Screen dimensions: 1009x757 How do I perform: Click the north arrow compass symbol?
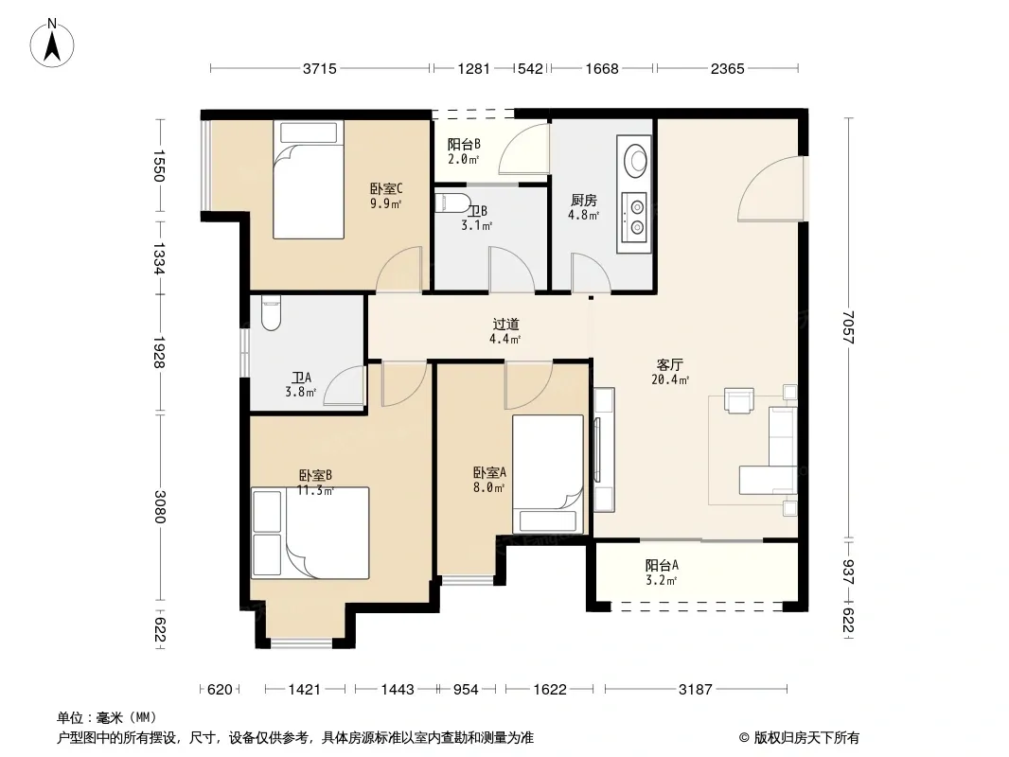pos(52,44)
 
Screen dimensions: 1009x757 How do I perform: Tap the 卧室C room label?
pos(386,189)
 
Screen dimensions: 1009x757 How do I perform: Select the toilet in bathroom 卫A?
pos(271,312)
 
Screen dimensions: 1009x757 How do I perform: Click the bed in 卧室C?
pos(309,180)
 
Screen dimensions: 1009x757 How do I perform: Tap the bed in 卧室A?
pos(548,474)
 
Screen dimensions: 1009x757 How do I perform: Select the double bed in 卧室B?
pos(310,533)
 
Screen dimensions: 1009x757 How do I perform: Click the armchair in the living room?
pos(738,399)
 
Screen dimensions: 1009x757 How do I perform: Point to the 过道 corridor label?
pos(505,325)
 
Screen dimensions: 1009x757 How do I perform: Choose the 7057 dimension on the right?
pos(849,327)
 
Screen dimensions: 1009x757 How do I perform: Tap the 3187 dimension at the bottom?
pos(696,690)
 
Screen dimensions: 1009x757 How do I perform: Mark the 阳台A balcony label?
pos(663,565)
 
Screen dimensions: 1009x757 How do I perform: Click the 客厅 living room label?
pos(670,364)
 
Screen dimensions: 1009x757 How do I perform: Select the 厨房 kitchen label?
pos(584,200)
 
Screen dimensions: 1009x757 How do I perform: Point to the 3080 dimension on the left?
pos(160,507)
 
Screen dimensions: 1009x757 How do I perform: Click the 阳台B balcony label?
pos(464,144)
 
